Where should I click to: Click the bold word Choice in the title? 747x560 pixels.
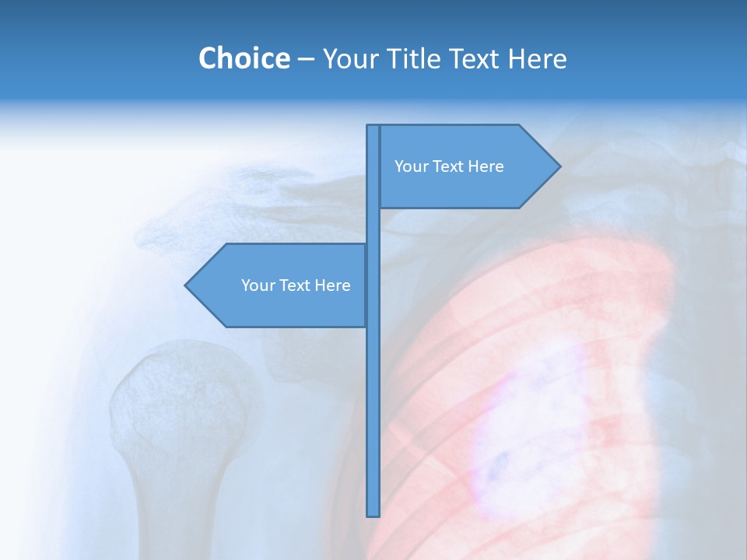tap(244, 58)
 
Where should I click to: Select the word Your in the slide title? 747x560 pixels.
tap(347, 58)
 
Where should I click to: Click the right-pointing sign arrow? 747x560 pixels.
tap(467, 166)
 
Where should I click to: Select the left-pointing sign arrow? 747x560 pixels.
tap(280, 285)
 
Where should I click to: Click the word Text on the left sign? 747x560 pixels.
tap(296, 285)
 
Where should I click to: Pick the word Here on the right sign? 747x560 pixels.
tap(486, 166)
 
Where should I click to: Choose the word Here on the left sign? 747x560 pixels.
tap(333, 285)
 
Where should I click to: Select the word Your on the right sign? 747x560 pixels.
tap(412, 166)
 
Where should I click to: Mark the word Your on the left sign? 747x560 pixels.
tap(258, 285)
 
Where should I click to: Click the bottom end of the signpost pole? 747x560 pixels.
tap(373, 513)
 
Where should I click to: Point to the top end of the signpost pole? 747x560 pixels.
tap(373, 128)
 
